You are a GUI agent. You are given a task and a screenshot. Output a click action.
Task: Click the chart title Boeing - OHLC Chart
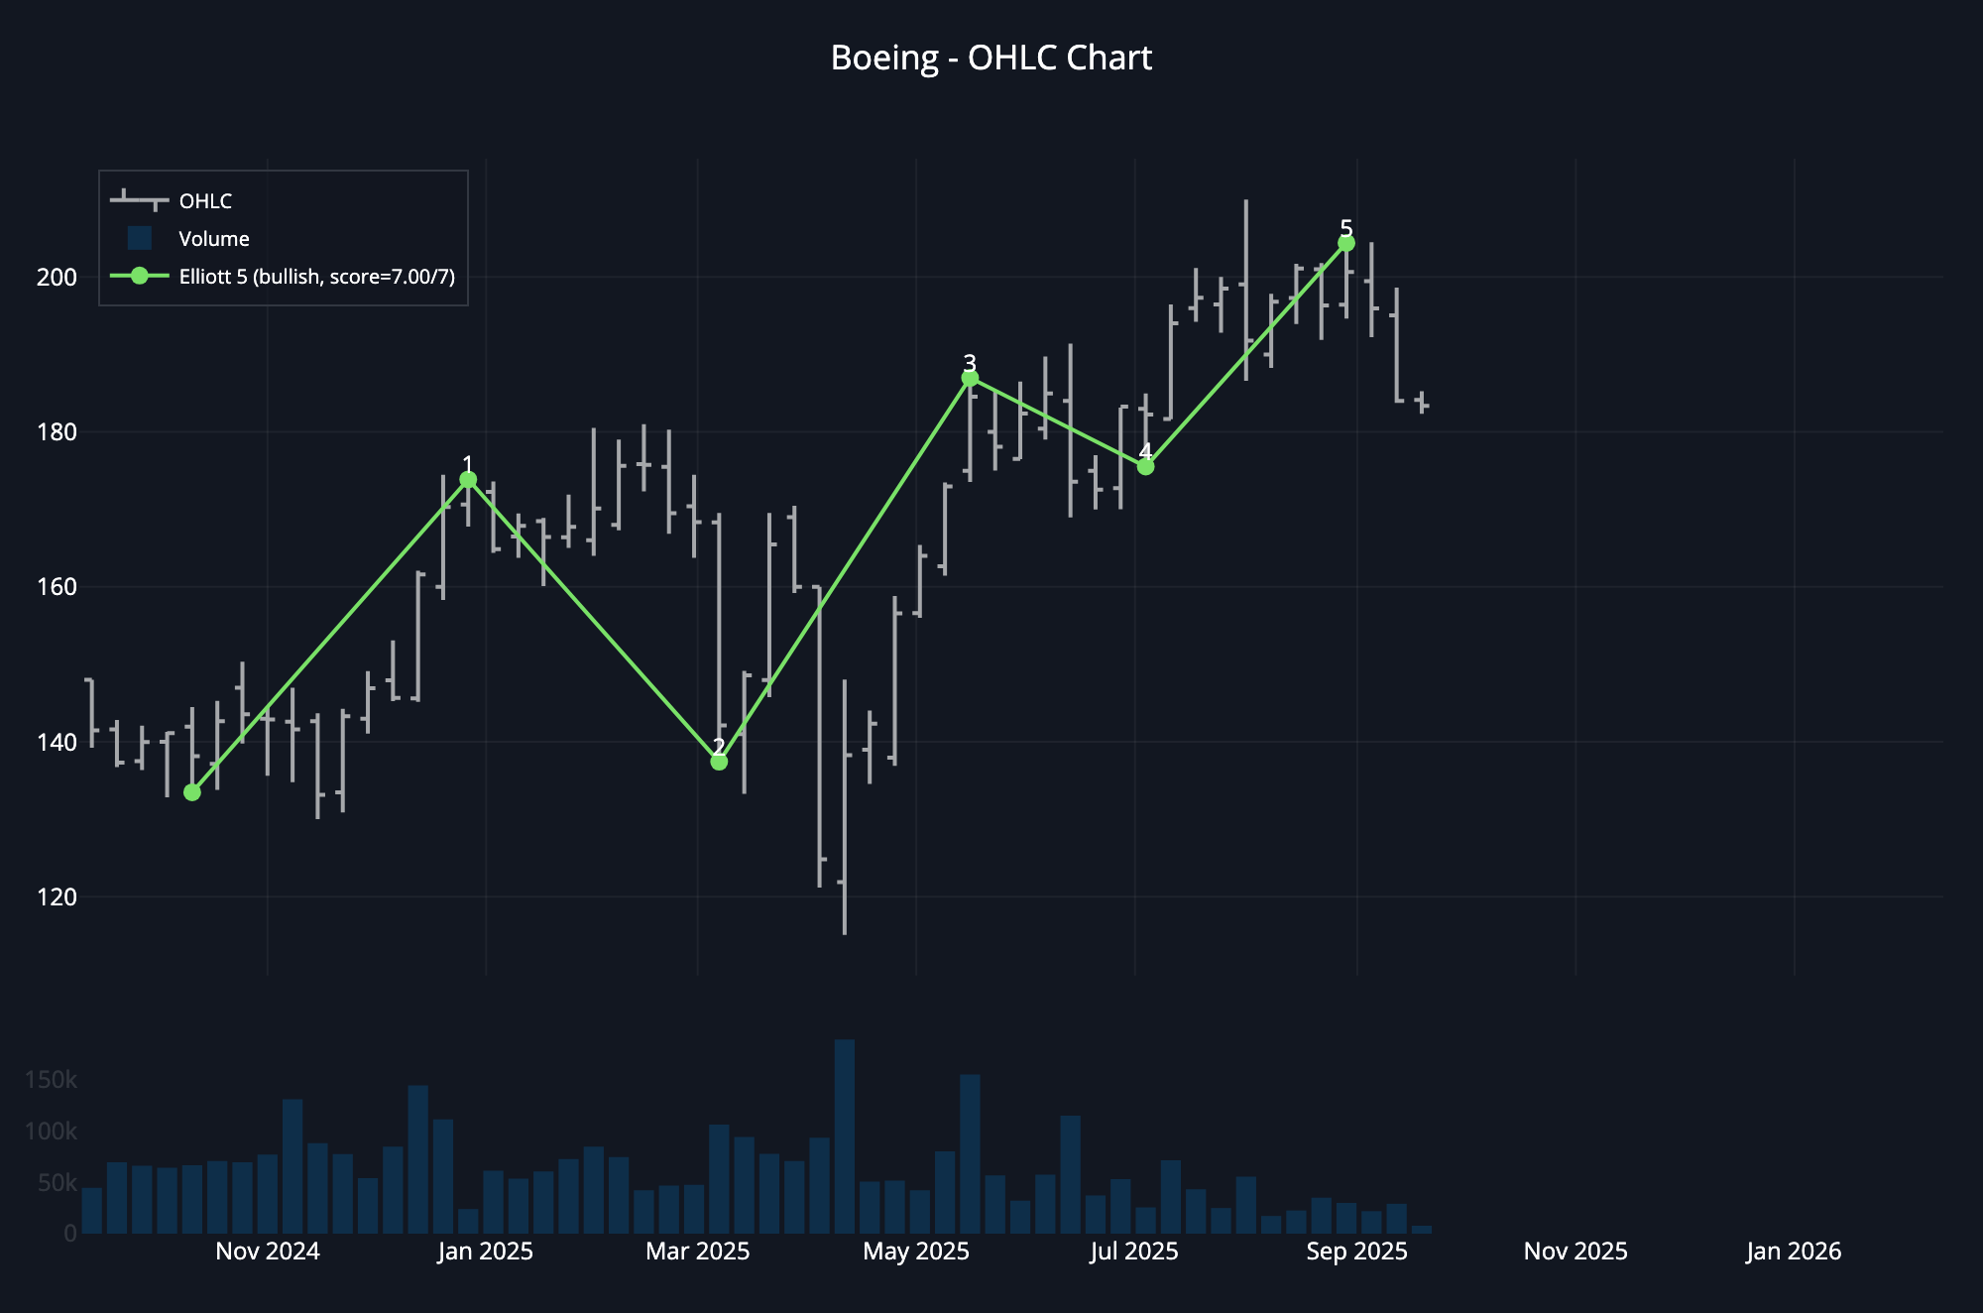(991, 58)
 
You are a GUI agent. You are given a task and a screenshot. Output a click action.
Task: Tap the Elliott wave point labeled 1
(468, 480)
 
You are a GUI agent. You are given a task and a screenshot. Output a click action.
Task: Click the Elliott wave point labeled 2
(719, 762)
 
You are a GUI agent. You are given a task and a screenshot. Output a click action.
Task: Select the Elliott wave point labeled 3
(970, 379)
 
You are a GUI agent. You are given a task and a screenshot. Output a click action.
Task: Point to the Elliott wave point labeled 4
(1145, 466)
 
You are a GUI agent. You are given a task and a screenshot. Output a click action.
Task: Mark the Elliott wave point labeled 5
(1345, 243)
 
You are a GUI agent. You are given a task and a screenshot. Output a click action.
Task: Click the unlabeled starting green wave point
(192, 792)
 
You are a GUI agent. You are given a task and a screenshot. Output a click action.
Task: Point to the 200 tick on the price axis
(57, 278)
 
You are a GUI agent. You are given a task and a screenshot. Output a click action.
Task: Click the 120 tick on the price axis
(57, 897)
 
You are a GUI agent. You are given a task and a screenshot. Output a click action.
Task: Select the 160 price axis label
(57, 587)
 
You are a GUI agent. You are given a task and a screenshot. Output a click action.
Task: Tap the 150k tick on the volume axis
(51, 1080)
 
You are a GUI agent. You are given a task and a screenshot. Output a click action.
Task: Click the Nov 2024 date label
(268, 1252)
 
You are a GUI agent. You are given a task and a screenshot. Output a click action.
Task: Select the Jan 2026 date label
(1794, 1252)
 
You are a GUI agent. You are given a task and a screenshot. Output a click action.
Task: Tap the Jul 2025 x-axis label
(1134, 1252)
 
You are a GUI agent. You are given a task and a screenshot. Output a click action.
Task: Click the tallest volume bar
(845, 1136)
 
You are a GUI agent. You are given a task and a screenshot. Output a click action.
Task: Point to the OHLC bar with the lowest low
(845, 808)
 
